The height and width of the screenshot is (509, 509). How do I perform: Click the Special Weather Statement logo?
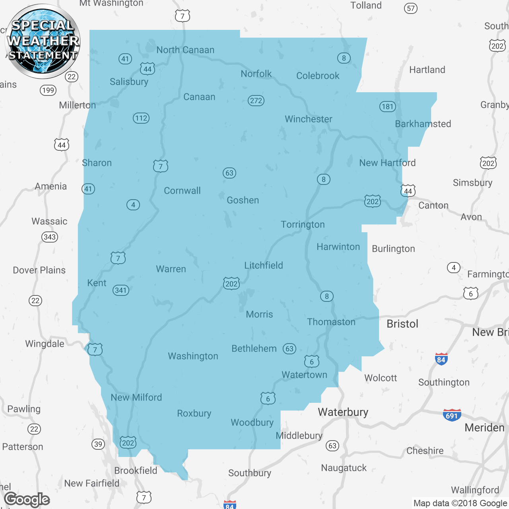43,41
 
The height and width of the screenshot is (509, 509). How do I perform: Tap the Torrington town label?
303,224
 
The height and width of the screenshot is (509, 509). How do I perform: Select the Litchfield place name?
263,265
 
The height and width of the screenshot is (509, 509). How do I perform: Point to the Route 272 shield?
256,101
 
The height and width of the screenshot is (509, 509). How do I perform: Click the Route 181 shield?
387,106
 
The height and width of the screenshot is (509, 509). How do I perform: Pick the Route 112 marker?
141,118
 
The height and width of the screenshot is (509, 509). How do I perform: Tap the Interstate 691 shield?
452,415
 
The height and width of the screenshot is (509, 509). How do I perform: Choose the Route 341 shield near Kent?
120,290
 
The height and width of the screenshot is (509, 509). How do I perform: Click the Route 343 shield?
50,237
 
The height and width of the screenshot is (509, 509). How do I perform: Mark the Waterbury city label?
343,412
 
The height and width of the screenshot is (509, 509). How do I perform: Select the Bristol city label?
402,324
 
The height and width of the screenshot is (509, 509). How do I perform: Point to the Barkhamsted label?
423,124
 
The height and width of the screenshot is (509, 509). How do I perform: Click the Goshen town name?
243,200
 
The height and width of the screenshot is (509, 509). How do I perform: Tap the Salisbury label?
129,82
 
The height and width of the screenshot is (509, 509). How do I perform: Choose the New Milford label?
136,397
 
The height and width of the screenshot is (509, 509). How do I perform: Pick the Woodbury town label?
252,422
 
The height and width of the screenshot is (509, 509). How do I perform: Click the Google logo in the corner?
27,499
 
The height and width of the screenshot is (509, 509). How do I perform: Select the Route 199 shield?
48,90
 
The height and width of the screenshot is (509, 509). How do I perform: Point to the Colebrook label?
318,76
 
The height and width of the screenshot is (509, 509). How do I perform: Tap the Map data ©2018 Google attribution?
460,503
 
